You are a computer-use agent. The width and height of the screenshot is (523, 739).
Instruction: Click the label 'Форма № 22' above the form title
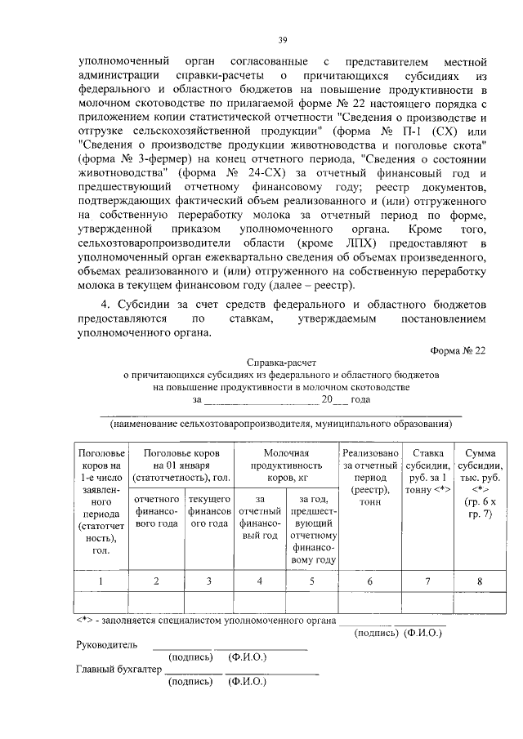click(458, 350)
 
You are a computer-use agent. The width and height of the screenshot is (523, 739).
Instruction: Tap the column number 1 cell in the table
click(101, 581)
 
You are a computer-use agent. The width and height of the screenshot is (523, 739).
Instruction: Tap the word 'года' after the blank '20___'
click(360, 400)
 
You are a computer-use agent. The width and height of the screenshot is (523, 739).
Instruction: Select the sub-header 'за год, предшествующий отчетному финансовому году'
click(315, 529)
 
